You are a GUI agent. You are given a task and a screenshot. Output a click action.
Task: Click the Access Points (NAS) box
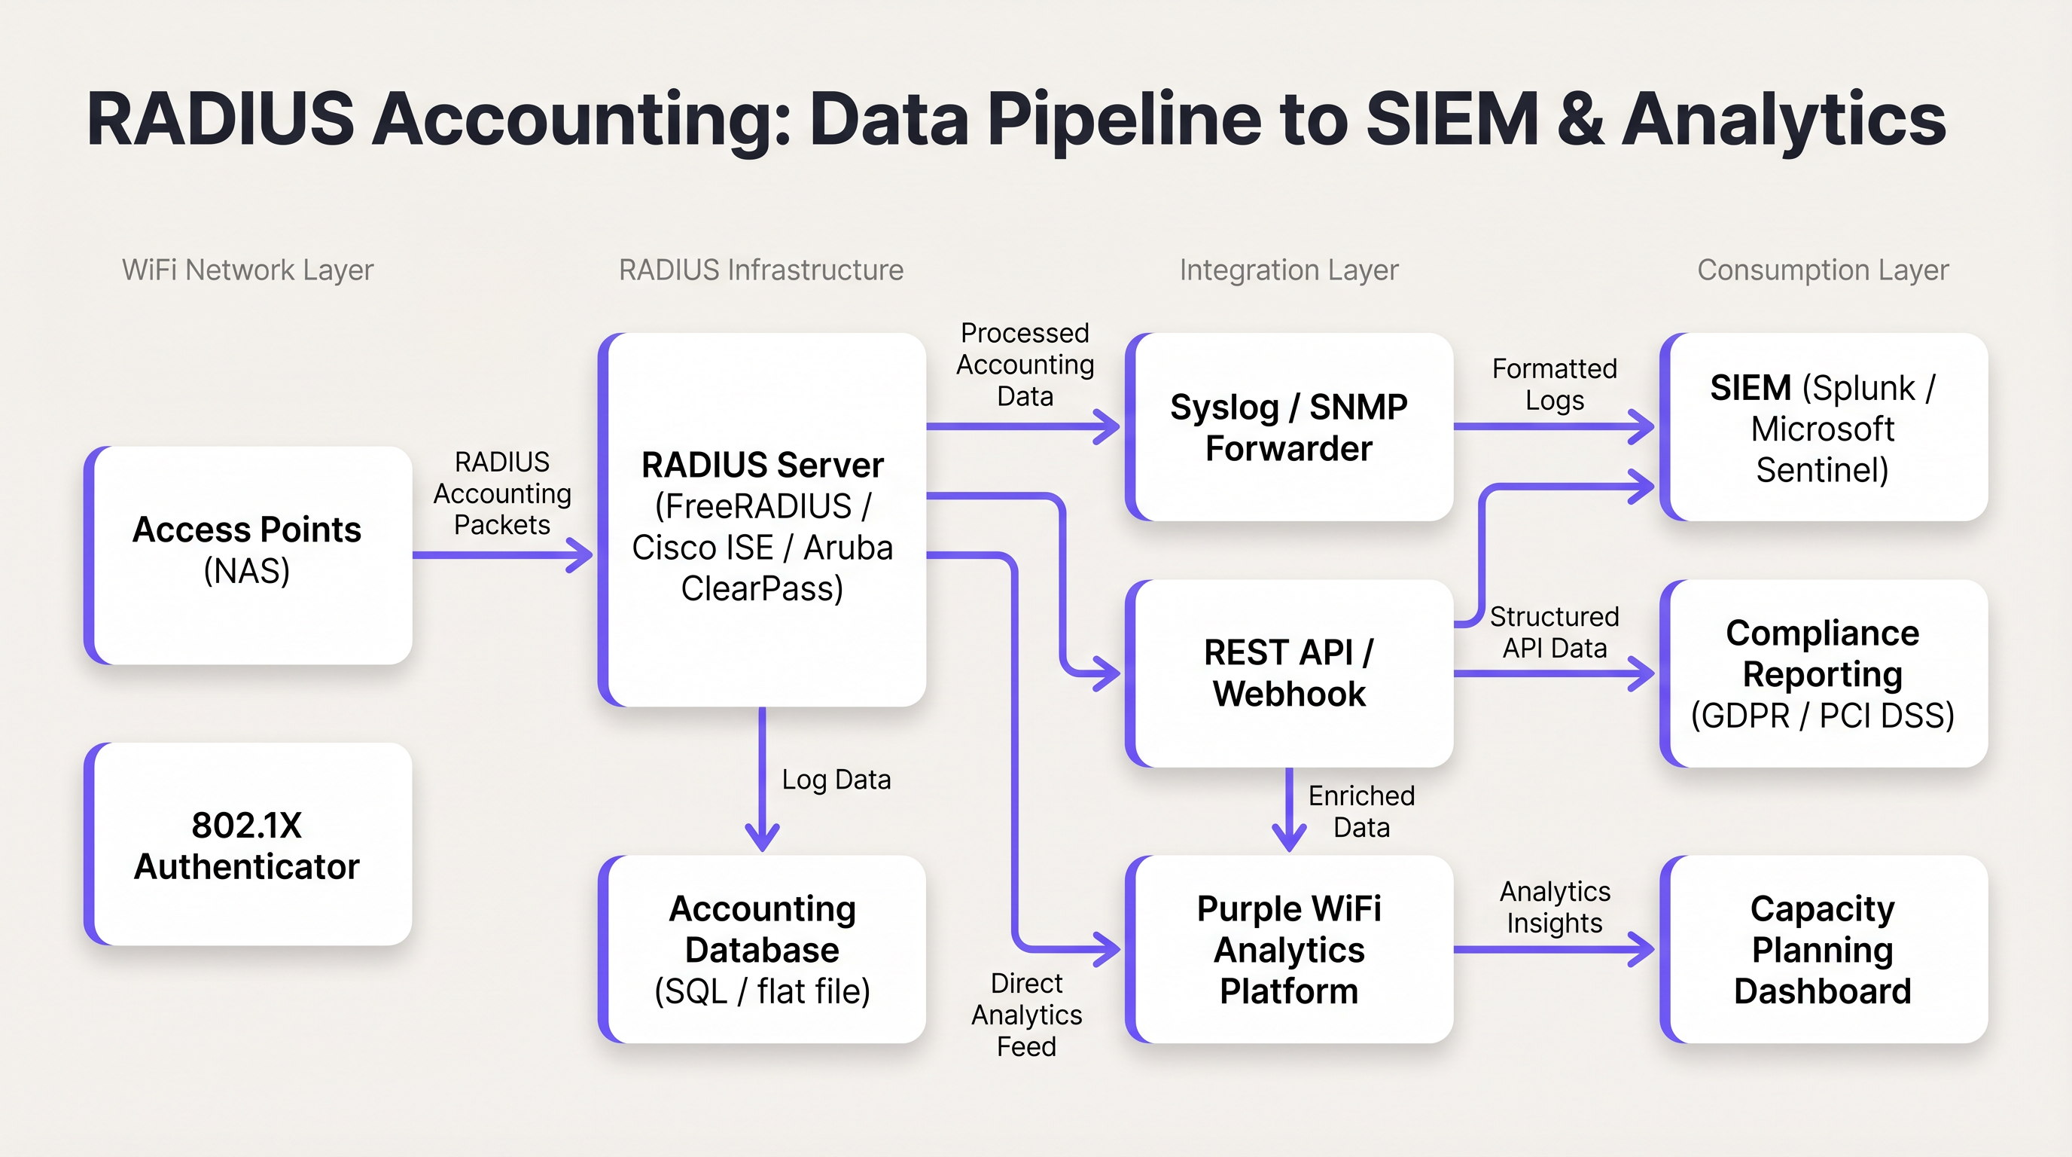pyautogui.click(x=248, y=555)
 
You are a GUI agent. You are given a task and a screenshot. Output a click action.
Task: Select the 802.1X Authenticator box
pyautogui.click(x=248, y=845)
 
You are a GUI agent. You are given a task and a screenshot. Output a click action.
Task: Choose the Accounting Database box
pyautogui.click(x=763, y=949)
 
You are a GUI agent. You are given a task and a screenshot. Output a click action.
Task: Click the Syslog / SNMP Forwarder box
pyautogui.click(x=1290, y=427)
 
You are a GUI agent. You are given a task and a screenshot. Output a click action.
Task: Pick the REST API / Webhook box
pyautogui.click(x=1290, y=673)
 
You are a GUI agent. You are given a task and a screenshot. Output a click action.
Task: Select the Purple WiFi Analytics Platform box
pyautogui.click(x=1290, y=949)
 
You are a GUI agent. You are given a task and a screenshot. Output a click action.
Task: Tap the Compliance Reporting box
pyautogui.click(x=1823, y=673)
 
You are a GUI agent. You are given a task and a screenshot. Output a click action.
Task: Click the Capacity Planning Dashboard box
pyautogui.click(x=1823, y=949)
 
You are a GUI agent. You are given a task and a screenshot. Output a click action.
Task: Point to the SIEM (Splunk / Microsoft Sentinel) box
pyautogui.click(x=1823, y=427)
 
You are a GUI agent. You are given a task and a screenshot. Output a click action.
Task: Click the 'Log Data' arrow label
pyautogui.click(x=836, y=780)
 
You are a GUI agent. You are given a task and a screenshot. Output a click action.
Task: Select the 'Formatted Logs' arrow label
pyautogui.click(x=1554, y=385)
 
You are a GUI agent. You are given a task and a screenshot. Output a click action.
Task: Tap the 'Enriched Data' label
pyautogui.click(x=1361, y=811)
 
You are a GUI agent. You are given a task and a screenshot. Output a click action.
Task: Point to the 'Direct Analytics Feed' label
pyautogui.click(x=1026, y=1015)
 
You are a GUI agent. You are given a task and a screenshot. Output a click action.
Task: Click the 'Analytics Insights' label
pyautogui.click(x=1554, y=907)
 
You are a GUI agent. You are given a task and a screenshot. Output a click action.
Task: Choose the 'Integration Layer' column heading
pyautogui.click(x=1288, y=270)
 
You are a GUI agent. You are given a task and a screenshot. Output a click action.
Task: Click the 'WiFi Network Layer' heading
pyautogui.click(x=248, y=270)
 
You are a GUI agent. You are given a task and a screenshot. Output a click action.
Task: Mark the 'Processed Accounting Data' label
pyautogui.click(x=1025, y=365)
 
